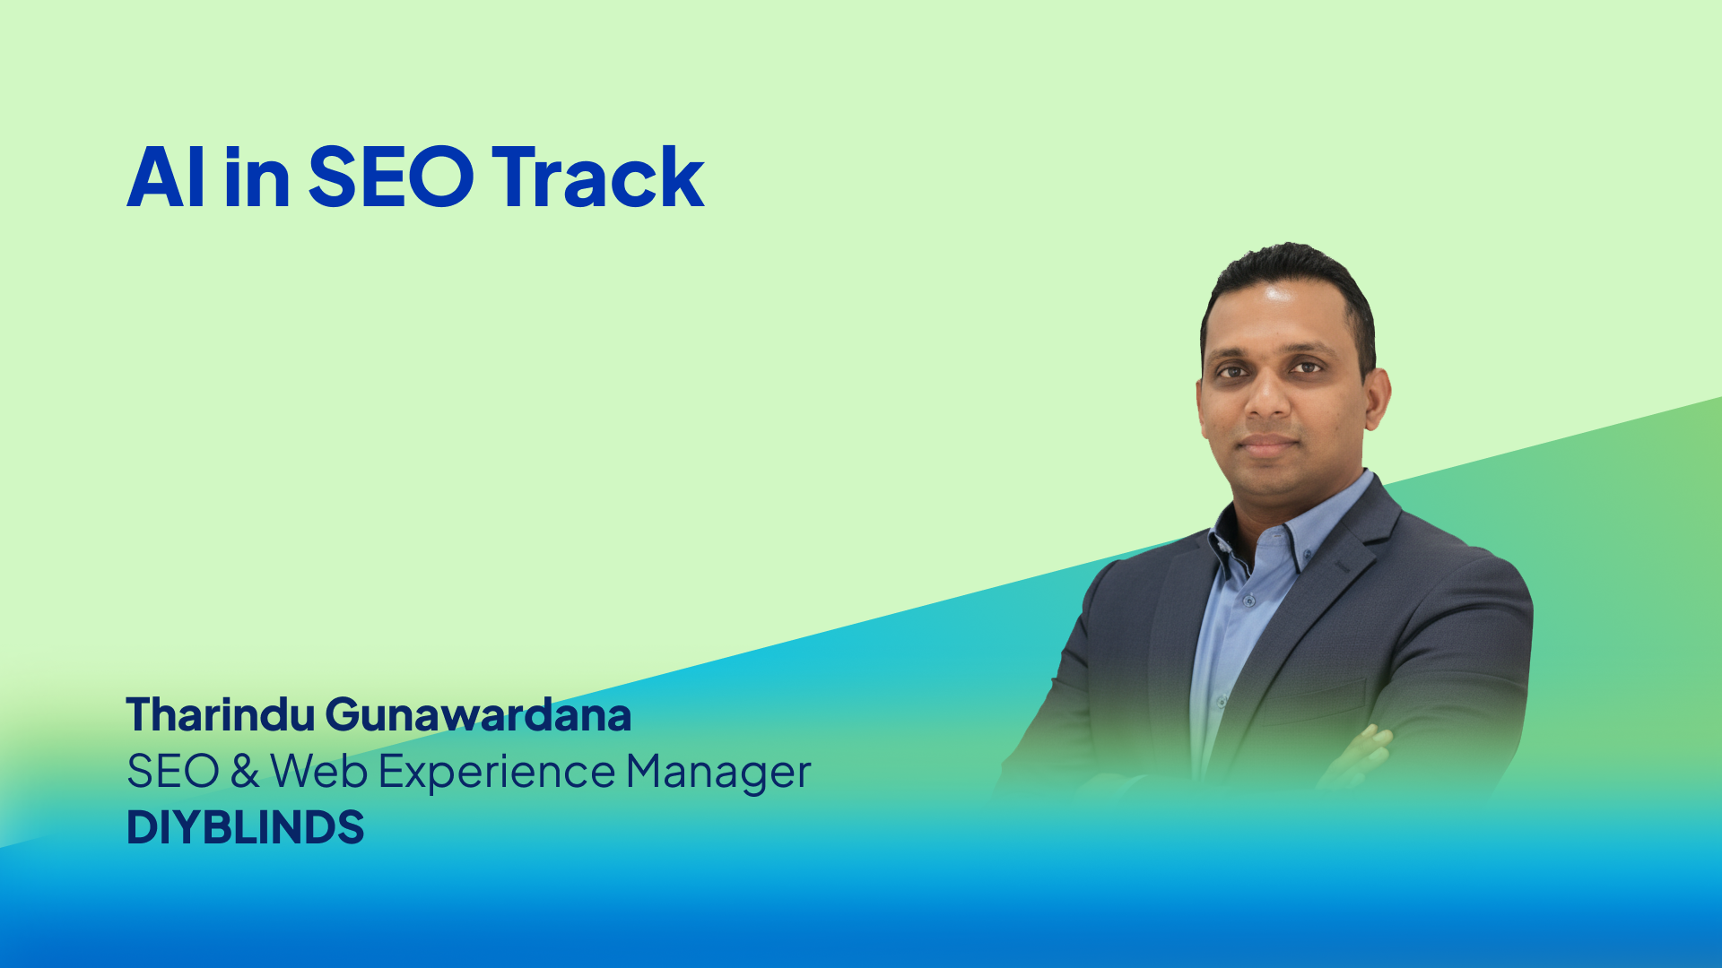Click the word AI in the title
[166, 177]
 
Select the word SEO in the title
[390, 177]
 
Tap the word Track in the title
[598, 177]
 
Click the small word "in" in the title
[257, 177]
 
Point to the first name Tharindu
[221, 714]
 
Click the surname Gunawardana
[478, 714]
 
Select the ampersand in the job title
[245, 771]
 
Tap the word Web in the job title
[319, 771]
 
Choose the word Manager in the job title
[718, 773]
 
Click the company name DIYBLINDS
[245, 826]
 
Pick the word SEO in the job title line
[173, 771]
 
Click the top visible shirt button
[1248, 600]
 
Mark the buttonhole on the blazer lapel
[1341, 567]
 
